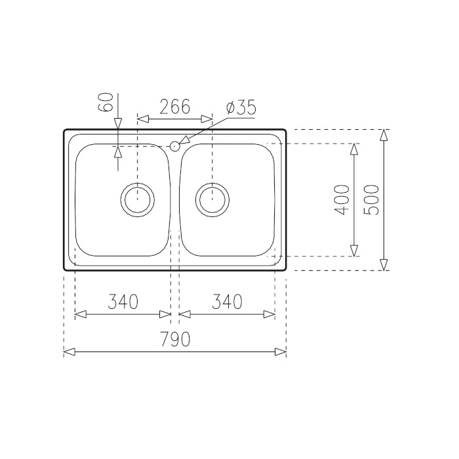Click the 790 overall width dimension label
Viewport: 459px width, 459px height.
[x=176, y=339]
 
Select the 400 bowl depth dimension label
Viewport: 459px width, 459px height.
[x=342, y=199]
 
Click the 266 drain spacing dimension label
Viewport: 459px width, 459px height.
[x=175, y=106]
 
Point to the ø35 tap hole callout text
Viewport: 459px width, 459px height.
[x=241, y=107]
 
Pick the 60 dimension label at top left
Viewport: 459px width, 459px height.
[x=106, y=102]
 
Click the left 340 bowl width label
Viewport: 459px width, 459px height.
[x=123, y=302]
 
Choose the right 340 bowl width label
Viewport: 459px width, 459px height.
[x=227, y=302]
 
